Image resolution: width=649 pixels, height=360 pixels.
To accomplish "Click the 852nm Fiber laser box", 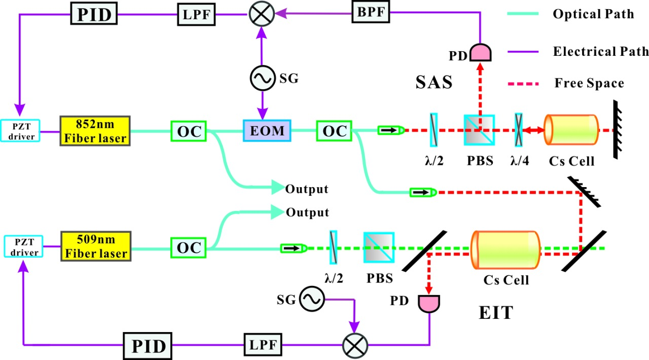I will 95,131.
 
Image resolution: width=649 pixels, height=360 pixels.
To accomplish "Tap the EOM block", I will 268,131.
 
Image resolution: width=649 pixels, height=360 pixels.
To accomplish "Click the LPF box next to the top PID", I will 195,14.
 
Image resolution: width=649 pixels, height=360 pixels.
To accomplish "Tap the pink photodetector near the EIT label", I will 428,303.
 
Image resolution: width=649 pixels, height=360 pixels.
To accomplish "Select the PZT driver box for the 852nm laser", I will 21,131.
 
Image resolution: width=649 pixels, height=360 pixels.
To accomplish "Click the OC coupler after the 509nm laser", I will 189,248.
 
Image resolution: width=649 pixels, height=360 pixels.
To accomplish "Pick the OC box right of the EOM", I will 334,131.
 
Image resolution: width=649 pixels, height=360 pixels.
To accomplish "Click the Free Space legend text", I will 589,83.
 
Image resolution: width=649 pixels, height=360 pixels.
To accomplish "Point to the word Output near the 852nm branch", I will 307,190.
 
